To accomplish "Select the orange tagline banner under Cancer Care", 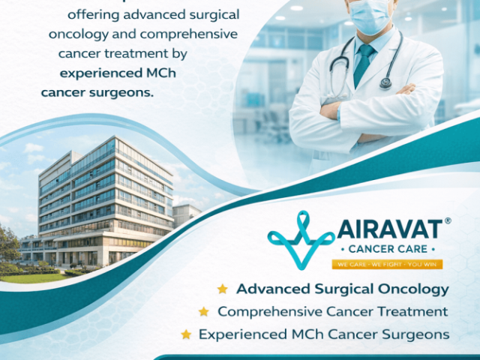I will [387, 264].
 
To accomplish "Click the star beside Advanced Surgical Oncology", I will [222, 289].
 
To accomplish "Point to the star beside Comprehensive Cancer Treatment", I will [203, 311].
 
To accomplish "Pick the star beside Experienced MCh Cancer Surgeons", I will [185, 334].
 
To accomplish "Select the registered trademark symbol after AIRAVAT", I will [448, 221].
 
